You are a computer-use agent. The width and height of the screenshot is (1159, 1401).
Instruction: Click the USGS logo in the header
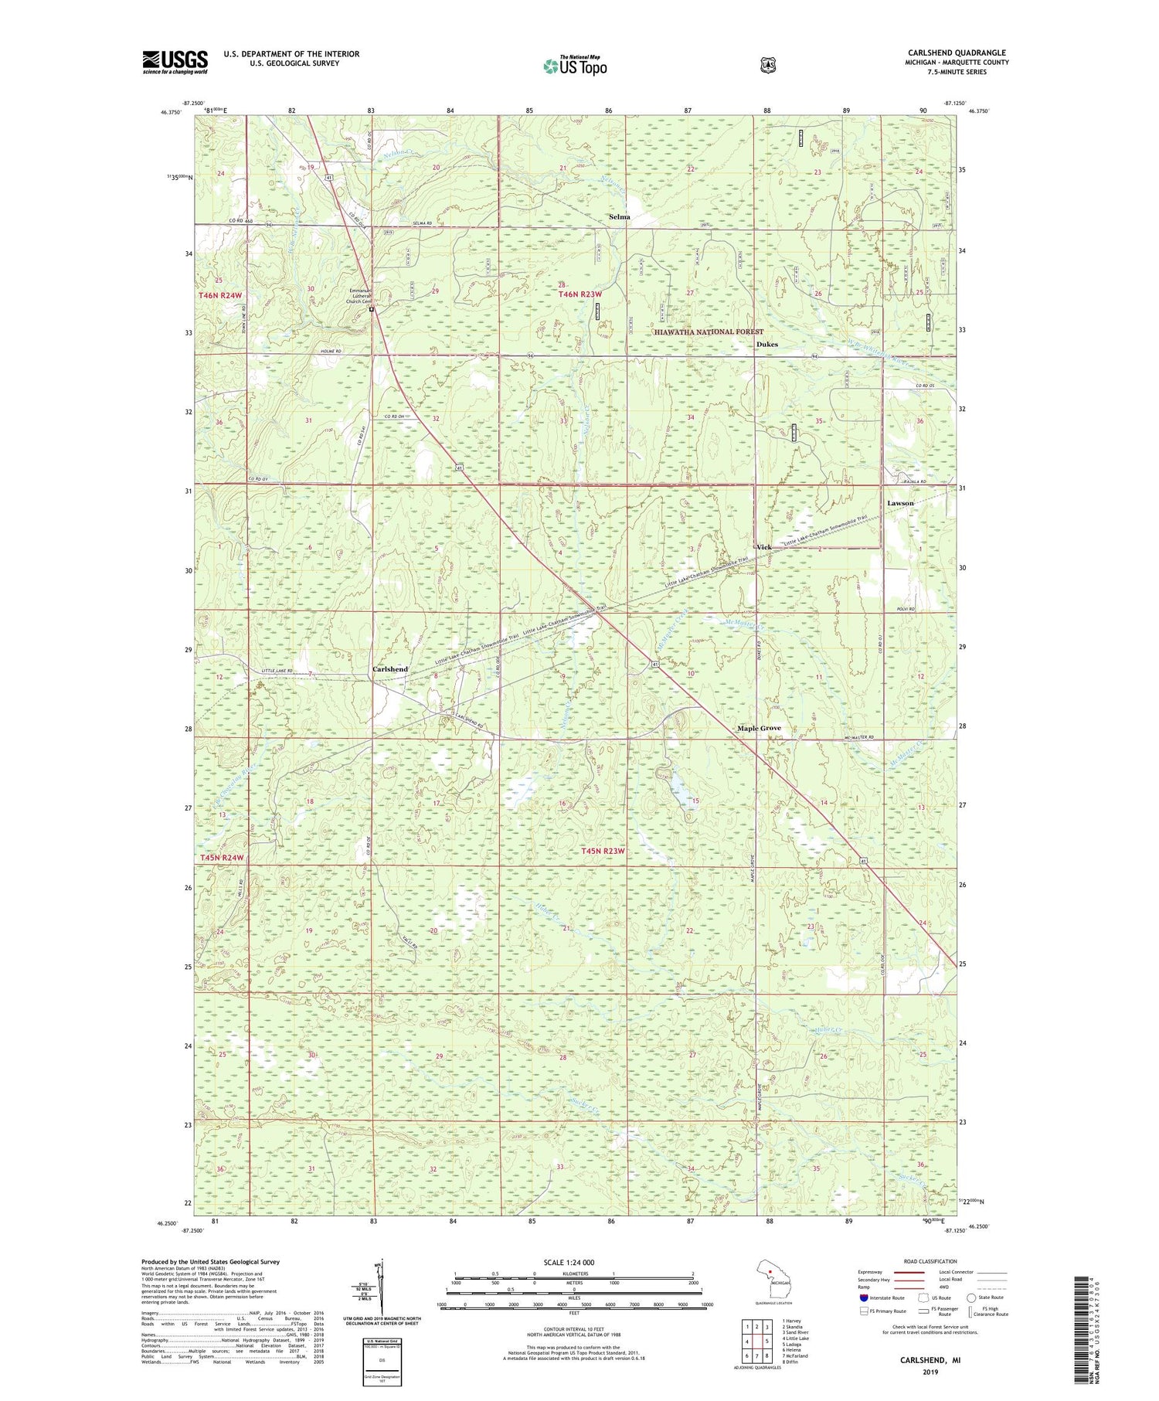coord(175,62)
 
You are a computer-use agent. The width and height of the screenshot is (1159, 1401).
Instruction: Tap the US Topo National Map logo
coord(575,66)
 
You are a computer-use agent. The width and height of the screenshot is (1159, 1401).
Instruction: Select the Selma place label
coord(619,217)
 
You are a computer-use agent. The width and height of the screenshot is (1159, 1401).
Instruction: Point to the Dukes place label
coord(766,345)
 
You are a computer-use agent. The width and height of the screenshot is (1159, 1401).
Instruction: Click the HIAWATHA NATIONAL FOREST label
coord(708,332)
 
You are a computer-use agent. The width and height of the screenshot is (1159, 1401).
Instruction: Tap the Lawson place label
coord(900,503)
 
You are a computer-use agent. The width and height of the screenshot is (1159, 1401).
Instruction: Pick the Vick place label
coord(763,547)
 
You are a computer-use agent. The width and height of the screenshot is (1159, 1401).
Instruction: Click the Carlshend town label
coord(390,669)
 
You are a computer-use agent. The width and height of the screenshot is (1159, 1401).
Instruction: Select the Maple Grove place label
coord(758,728)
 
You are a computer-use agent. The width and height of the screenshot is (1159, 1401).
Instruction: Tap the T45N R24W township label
coord(222,858)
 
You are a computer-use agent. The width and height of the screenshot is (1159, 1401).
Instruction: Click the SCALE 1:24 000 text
coord(569,1263)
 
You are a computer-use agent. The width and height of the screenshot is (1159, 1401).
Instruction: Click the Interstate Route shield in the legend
coord(864,1298)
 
